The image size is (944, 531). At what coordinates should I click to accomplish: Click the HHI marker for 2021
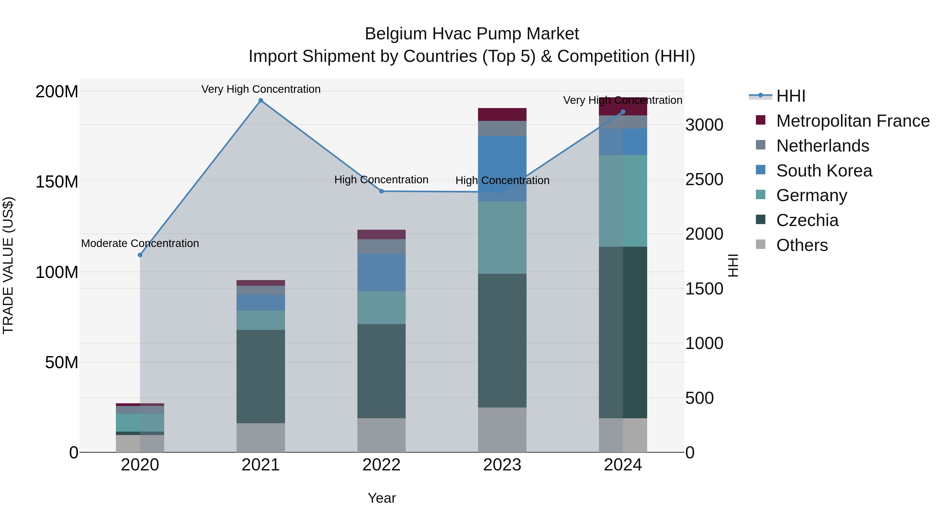[261, 100]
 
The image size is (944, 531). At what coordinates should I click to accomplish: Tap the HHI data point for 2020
[140, 255]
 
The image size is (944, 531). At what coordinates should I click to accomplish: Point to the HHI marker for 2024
[623, 112]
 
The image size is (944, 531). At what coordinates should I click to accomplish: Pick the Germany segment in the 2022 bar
[382, 308]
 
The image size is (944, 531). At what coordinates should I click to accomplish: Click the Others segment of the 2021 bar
[261, 438]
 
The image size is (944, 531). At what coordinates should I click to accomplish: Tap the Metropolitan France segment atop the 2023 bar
[502, 114]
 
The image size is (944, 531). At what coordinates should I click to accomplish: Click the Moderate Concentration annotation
[140, 243]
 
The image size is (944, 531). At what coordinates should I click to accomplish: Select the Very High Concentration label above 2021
[261, 89]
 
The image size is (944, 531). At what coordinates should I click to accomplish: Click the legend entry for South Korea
[824, 171]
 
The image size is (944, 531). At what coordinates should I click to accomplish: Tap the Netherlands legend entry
[822, 146]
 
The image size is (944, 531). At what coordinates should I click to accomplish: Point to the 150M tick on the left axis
[57, 182]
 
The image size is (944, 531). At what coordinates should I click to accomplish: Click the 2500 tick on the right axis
[704, 180]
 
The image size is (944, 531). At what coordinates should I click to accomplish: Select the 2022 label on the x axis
[382, 465]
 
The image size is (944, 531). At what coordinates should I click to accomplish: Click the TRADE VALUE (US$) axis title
[8, 265]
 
